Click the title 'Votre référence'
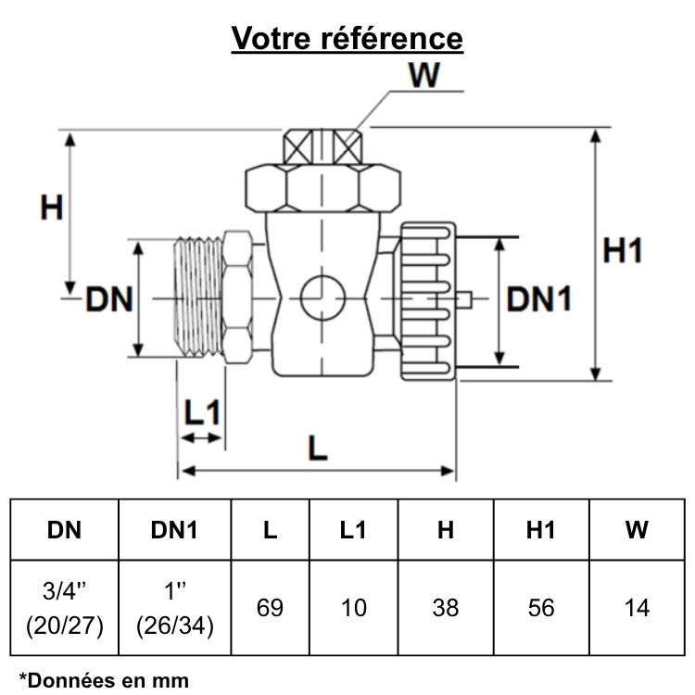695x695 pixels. coord(347,38)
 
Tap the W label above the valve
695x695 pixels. coord(424,76)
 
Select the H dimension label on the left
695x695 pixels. coord(51,208)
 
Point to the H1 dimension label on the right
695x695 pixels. coord(623,250)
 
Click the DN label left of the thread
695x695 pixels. coord(110,300)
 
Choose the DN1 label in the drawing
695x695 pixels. coord(538,299)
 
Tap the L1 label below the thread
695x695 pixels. coord(201,413)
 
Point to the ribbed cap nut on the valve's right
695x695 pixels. coord(429,298)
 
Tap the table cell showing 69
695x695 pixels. coord(270,608)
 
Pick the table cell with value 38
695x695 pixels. coord(446,608)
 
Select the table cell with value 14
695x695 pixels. coord(637,608)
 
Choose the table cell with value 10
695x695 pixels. coord(354,608)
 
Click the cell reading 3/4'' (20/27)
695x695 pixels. coord(65,608)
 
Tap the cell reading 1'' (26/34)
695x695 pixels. coord(174,608)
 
